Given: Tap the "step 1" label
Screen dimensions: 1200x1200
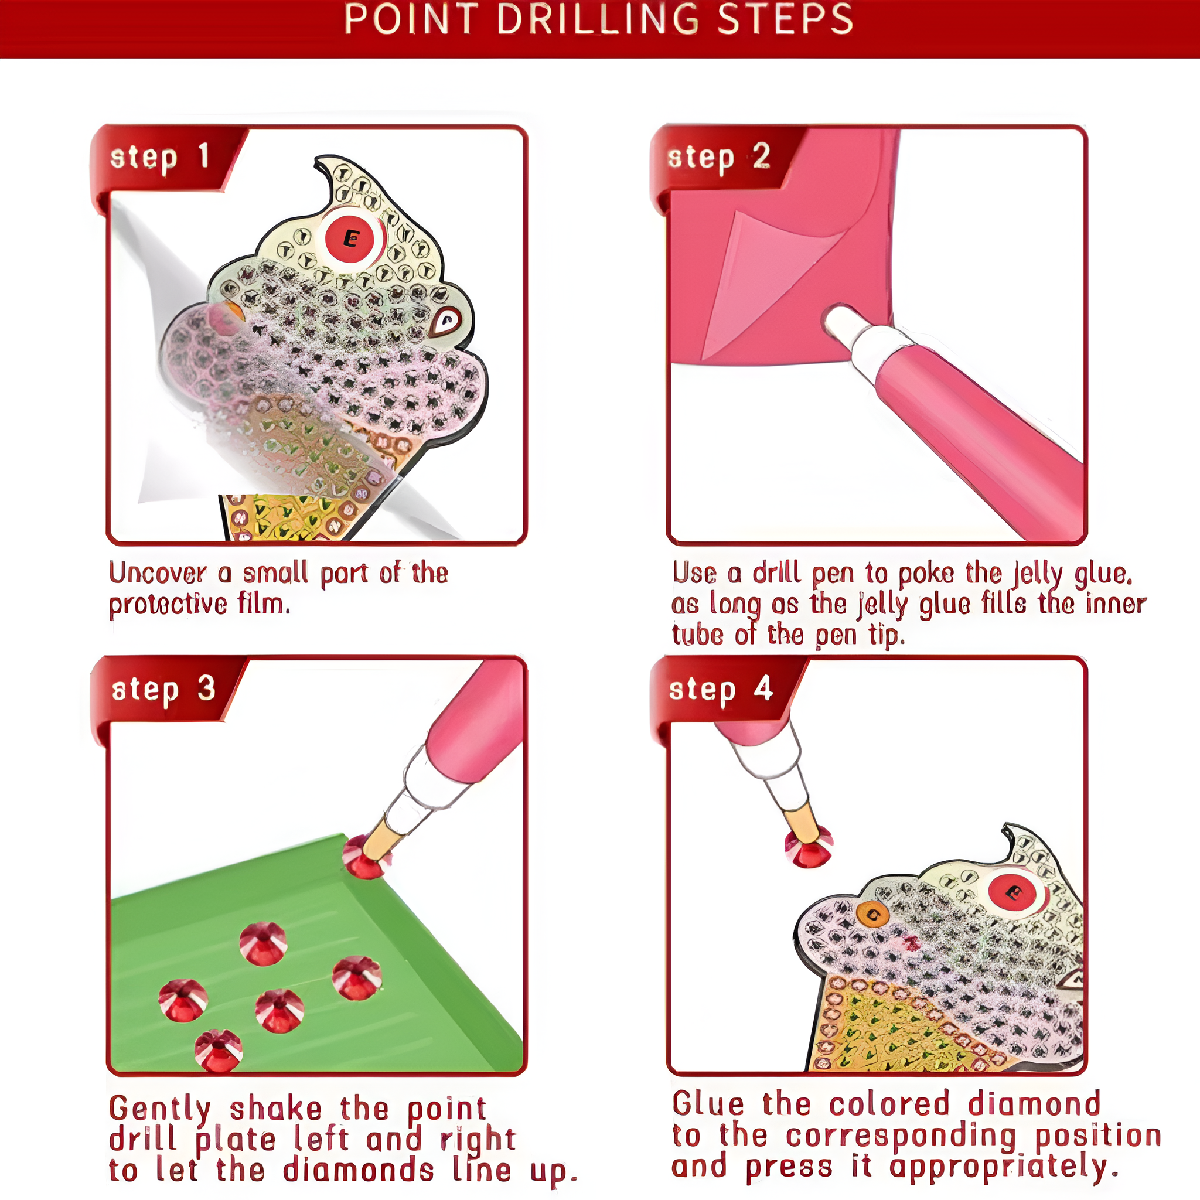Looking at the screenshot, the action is point(159,157).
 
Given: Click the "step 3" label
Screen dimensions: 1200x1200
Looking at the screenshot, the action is point(163,690).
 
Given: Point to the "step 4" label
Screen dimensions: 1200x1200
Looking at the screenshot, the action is point(721,690).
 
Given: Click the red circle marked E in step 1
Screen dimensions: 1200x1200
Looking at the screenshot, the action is point(351,238).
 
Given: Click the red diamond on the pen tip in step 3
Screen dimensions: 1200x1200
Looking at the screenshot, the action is point(365,857).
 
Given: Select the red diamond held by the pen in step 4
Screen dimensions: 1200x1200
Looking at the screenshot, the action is point(807,846).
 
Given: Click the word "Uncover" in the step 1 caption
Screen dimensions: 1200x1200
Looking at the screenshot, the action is point(158,572).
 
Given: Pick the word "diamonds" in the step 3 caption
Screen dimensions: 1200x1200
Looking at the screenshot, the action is point(359,1170).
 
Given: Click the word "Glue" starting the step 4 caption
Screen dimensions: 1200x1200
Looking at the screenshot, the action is point(708,1104).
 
